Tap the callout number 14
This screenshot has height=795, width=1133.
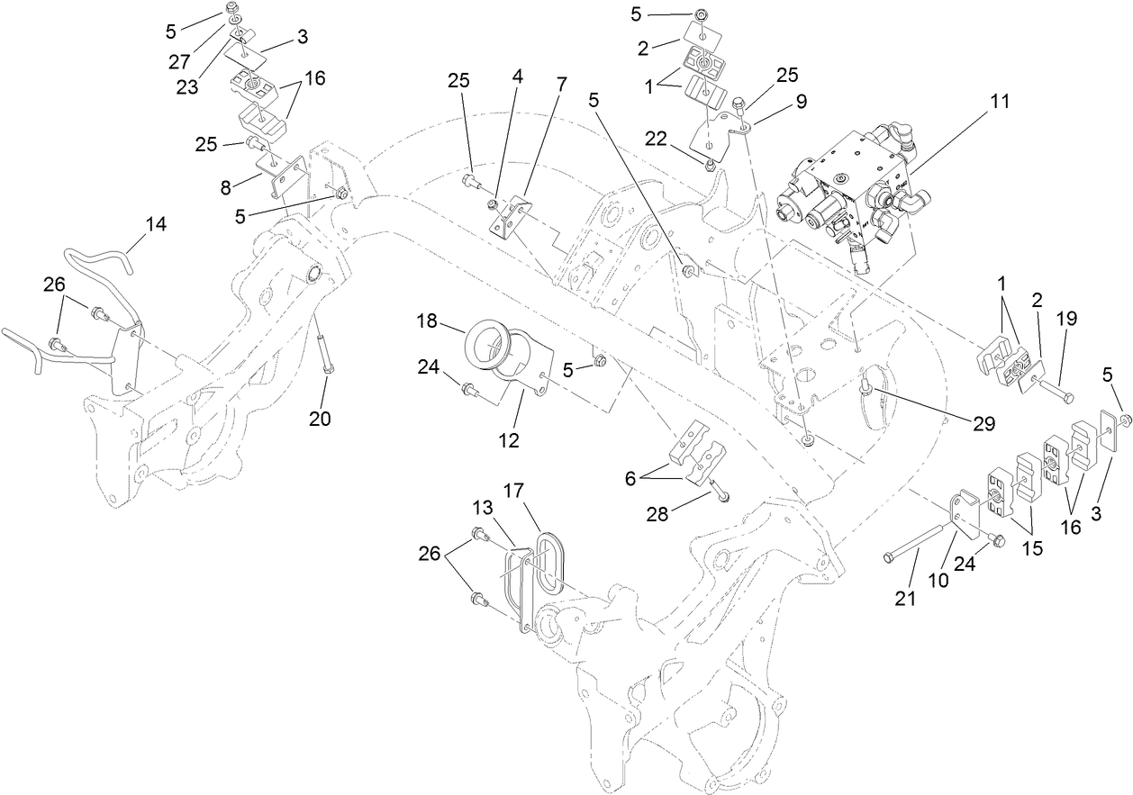156,224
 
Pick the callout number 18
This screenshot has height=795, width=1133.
427,321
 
